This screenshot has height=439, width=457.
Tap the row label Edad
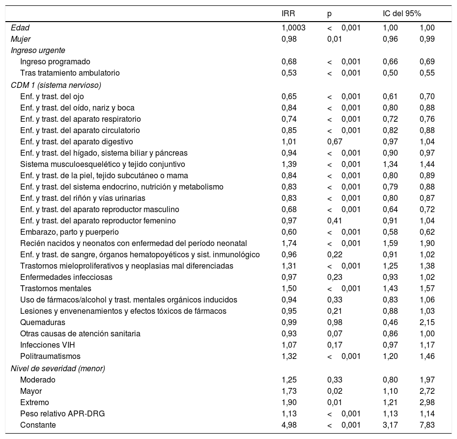point(20,28)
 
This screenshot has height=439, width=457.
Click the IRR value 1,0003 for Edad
point(293,28)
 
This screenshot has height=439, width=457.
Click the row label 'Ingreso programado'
point(55,62)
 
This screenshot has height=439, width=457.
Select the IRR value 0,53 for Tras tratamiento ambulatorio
point(288,73)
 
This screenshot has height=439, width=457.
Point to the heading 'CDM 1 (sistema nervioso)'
point(56,85)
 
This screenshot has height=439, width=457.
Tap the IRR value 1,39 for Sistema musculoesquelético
point(288,164)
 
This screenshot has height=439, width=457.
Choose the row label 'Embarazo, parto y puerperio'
point(69,232)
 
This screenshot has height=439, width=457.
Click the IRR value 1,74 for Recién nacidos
point(288,243)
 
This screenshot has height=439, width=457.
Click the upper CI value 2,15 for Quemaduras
point(427,322)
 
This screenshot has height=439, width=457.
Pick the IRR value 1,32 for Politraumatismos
point(288,356)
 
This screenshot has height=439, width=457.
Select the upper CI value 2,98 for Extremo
point(427,402)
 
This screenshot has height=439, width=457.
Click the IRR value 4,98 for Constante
point(288,425)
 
